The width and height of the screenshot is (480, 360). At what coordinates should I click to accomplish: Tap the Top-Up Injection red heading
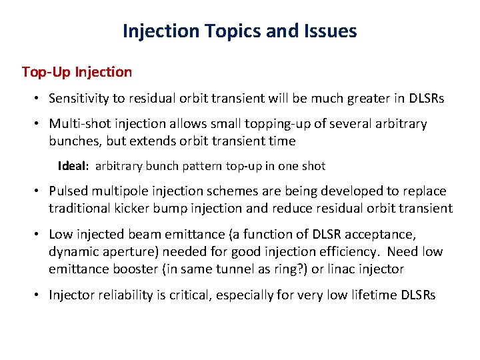[77, 71]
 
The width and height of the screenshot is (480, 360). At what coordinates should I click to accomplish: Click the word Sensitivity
[79, 99]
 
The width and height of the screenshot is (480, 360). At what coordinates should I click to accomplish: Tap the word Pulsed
[69, 191]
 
